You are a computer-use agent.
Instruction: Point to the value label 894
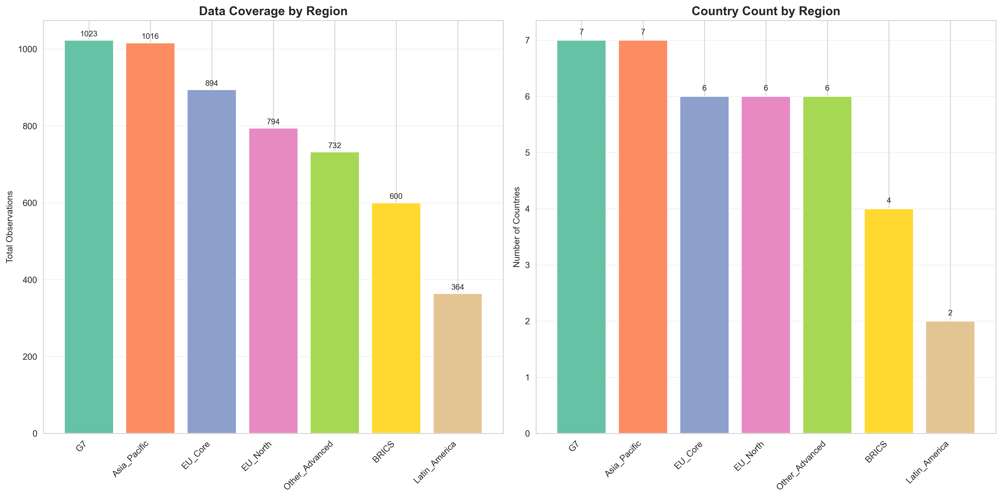pyautogui.click(x=212, y=83)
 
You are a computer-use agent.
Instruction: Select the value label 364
pyautogui.click(x=457, y=287)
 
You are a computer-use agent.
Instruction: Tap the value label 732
pyautogui.click(x=335, y=146)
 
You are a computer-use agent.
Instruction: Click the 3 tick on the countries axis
pyautogui.click(x=527, y=265)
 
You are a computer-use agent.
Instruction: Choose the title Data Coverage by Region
pyautogui.click(x=273, y=11)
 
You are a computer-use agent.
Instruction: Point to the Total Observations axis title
pyautogui.click(x=10, y=227)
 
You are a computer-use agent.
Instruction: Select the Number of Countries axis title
pyautogui.click(x=516, y=227)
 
